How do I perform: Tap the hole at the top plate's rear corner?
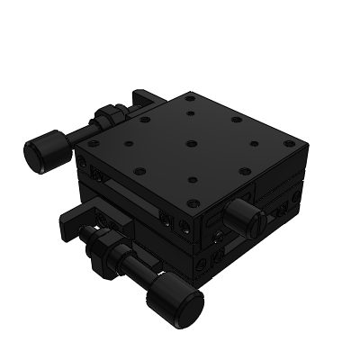(190, 96)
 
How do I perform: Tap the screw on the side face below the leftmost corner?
(85, 165)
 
